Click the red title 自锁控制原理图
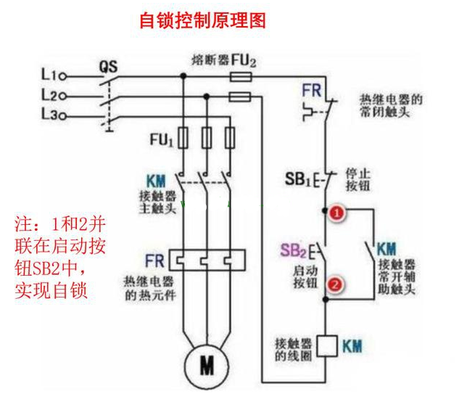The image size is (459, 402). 202,20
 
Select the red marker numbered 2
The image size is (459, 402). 334,284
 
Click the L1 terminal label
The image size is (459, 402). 49,74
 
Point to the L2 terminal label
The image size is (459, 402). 49,95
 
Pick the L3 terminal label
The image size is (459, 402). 49,115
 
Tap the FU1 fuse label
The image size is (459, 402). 160,140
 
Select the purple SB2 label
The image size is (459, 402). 294,251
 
